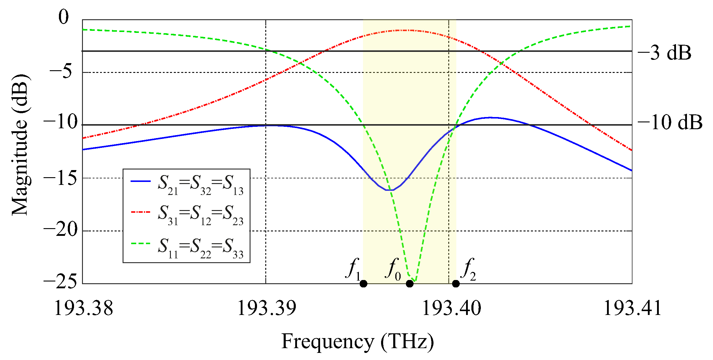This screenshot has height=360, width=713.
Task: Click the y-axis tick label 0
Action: tap(63, 17)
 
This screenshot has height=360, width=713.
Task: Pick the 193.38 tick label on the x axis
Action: tap(83, 308)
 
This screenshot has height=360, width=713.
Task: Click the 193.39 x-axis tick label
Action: tap(266, 308)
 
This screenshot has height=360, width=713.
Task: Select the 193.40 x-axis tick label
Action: tap(451, 308)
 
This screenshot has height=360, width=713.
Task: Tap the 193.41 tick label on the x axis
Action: tap(632, 308)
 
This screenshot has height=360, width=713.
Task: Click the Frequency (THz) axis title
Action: tap(357, 342)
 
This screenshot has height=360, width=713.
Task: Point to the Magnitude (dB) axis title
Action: tap(20, 145)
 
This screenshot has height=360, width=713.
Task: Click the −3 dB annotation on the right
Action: tap(664, 53)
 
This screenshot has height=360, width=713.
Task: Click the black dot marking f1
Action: tap(363, 284)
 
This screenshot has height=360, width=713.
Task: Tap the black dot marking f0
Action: tap(410, 284)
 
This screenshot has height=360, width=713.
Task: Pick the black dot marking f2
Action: tap(456, 284)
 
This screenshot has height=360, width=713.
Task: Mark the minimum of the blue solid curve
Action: tap(390, 190)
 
